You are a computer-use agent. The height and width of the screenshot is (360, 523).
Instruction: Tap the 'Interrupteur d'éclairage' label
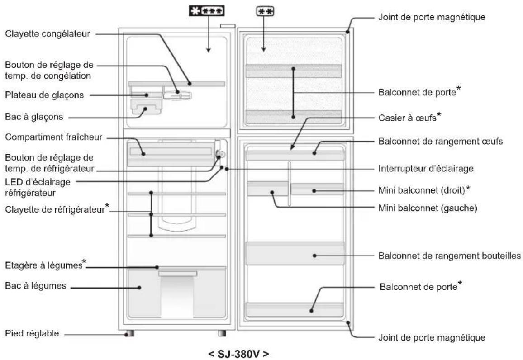point(425,168)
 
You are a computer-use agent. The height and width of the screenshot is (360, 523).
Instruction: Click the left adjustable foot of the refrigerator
point(130,334)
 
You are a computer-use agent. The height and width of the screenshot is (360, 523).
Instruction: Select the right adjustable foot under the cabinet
point(222,333)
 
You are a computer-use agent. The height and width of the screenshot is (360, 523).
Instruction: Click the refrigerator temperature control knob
point(220,154)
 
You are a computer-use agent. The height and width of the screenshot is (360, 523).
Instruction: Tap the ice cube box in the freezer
point(145,108)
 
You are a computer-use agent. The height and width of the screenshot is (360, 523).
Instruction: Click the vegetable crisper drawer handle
point(177,274)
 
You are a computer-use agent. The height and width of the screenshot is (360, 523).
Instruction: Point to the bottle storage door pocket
point(295,253)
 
